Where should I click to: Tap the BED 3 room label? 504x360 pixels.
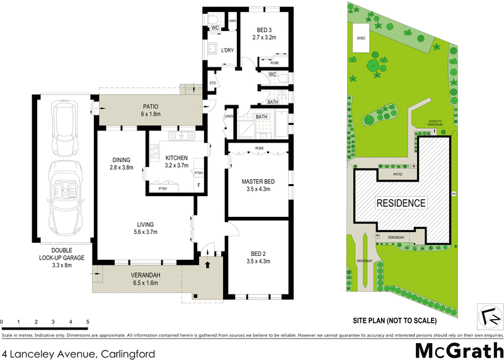(264, 30)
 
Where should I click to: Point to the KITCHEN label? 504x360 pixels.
(177, 158)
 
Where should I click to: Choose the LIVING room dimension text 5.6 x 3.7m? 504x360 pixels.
(145, 232)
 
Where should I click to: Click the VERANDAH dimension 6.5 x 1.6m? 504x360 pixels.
(145, 283)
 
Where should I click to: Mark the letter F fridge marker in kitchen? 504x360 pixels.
(200, 185)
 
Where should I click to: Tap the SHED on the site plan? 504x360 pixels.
(361, 38)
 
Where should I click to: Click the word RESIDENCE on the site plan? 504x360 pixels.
(401, 203)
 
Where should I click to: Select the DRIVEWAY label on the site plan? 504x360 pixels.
(365, 260)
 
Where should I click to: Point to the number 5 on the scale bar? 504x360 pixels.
(88, 322)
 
